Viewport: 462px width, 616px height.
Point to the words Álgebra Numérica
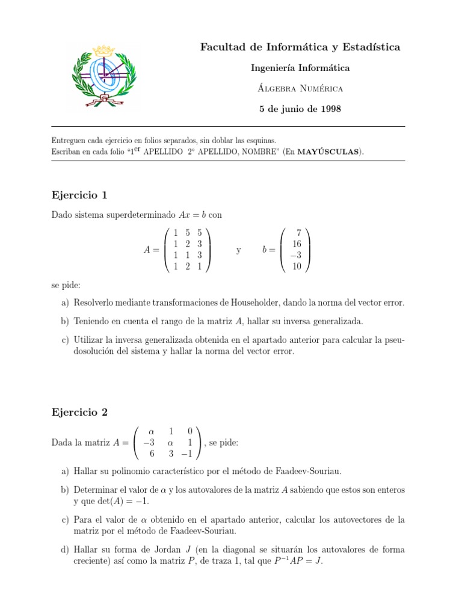coord(300,88)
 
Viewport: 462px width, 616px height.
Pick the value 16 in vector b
coord(296,244)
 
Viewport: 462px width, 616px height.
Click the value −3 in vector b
coord(295,255)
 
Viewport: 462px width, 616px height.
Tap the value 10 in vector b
coord(296,266)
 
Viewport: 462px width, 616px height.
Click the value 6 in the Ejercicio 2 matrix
coord(152,454)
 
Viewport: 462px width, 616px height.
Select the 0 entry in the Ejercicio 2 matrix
coord(190,431)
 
